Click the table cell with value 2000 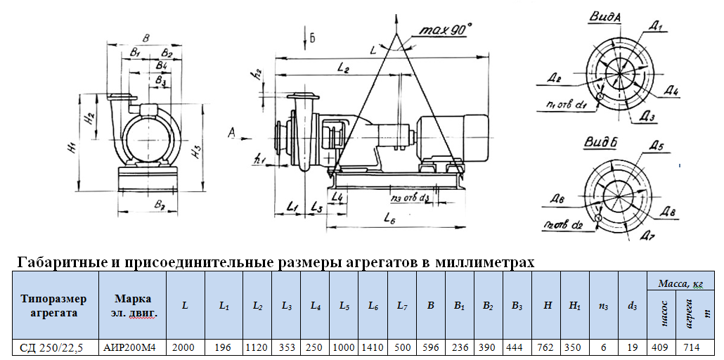point(185,347)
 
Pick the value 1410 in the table point(373,347)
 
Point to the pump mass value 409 point(661,347)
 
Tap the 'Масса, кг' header point(680,283)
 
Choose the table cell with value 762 point(545,347)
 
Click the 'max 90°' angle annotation point(446,30)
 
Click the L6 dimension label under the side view point(392,219)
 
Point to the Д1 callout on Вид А point(657,27)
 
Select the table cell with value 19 point(632,347)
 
